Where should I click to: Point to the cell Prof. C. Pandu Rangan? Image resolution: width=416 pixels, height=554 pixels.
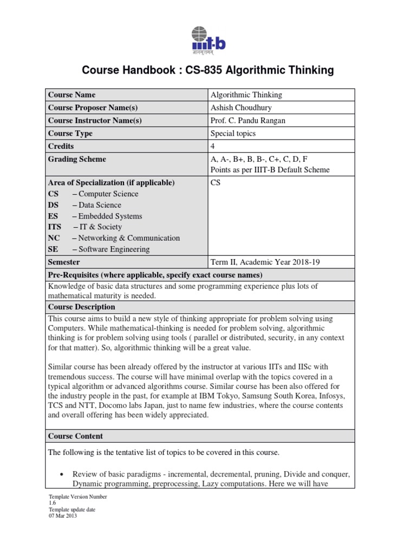[x=249, y=121]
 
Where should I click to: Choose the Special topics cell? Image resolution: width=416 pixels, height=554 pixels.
[x=233, y=134]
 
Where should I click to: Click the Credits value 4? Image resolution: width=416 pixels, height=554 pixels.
[x=213, y=147]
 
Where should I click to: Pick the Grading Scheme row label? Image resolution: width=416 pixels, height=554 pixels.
[x=77, y=159]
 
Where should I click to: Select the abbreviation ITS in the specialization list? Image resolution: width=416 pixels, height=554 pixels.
[x=55, y=227]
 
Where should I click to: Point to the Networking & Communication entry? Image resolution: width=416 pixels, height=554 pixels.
[x=129, y=238]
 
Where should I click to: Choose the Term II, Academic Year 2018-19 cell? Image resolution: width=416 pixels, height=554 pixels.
[x=265, y=262]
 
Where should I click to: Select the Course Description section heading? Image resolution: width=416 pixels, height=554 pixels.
[x=82, y=307]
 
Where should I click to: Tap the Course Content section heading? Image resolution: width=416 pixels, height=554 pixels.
[x=75, y=436]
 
